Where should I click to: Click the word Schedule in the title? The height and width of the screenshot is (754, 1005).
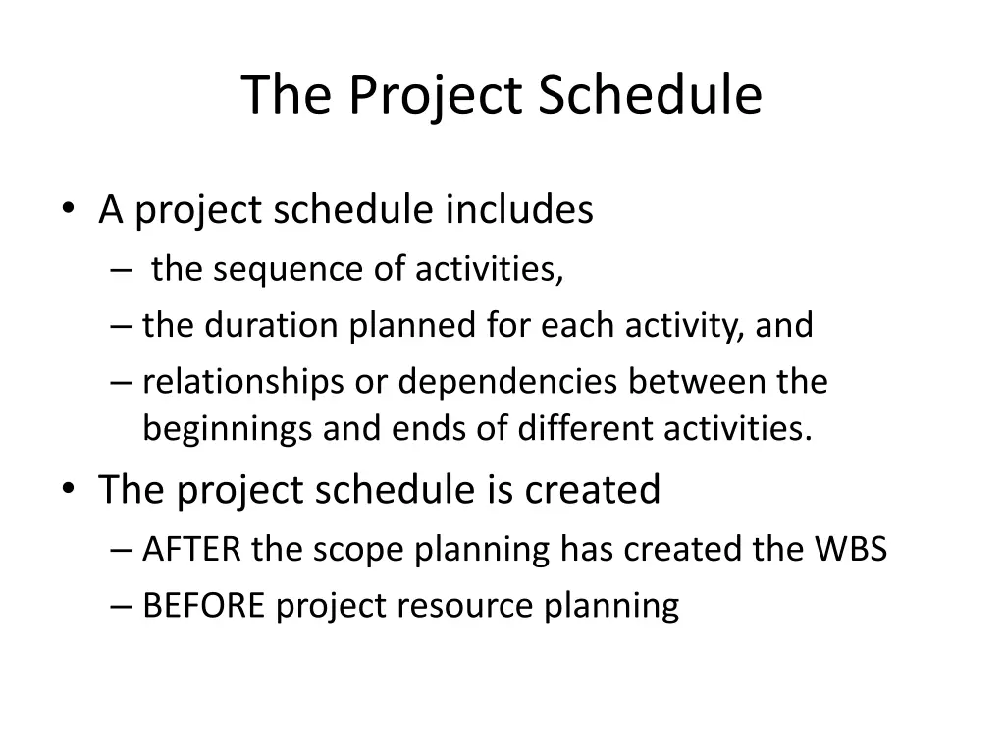point(650,94)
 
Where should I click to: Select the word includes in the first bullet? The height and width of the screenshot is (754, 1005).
point(519,209)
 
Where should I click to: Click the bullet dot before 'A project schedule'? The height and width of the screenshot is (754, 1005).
point(69,208)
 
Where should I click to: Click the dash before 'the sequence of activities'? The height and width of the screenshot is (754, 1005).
point(121,270)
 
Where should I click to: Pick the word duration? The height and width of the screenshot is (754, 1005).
point(271,324)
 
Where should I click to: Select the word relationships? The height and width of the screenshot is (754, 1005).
point(243,383)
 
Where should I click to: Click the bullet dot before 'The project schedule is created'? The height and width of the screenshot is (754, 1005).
point(69,489)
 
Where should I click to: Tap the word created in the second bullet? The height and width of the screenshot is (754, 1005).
point(592,489)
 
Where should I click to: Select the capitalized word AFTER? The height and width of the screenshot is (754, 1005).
point(191,550)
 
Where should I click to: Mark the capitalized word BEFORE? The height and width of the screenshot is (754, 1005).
point(204,606)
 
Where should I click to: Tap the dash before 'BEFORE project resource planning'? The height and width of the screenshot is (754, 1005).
point(121,606)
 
